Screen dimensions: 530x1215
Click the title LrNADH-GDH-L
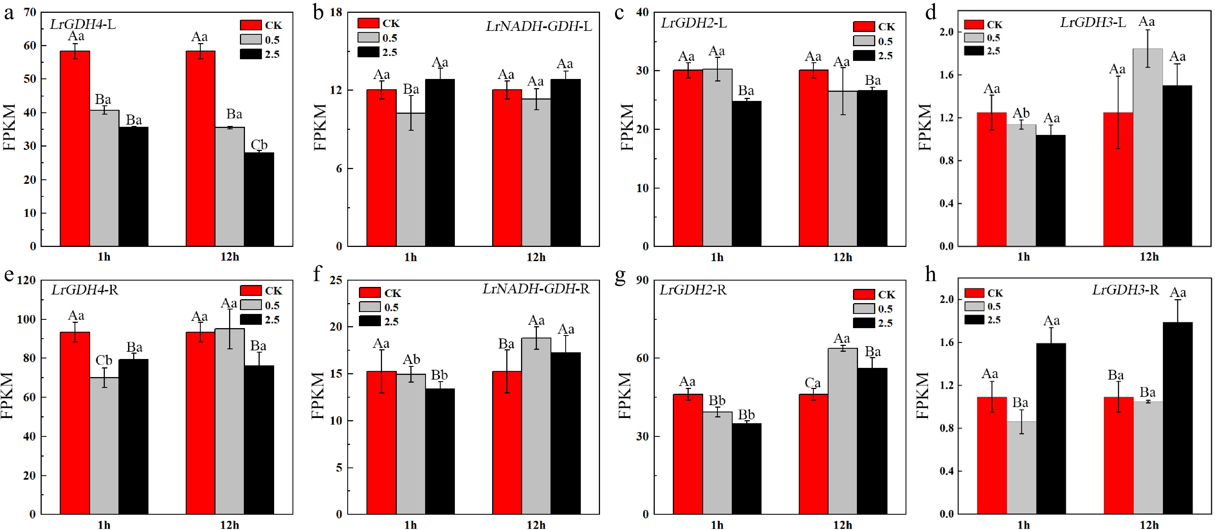[539, 26]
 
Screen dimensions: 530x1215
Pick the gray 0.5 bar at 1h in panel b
[411, 179]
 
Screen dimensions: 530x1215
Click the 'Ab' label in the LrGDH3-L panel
[1021, 113]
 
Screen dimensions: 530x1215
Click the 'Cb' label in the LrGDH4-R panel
[104, 361]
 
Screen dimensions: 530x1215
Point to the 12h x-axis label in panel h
[1149, 525]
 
